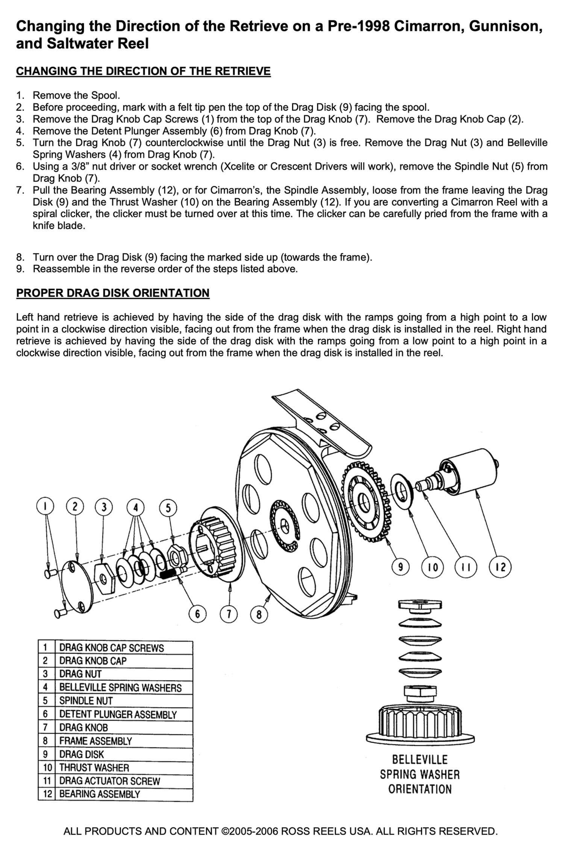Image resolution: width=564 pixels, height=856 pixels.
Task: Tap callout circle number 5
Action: click(168, 508)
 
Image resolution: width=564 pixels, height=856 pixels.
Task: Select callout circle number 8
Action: click(259, 615)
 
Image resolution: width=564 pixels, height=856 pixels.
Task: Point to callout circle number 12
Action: click(500, 567)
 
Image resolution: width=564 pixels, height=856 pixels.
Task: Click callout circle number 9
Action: click(401, 567)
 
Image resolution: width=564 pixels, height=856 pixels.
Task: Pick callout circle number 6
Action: click(197, 615)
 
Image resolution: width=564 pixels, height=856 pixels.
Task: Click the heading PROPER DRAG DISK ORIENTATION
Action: click(113, 293)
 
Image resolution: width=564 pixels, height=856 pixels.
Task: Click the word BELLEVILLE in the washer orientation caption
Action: click(420, 760)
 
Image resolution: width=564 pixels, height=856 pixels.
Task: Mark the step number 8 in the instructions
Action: click(20, 257)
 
